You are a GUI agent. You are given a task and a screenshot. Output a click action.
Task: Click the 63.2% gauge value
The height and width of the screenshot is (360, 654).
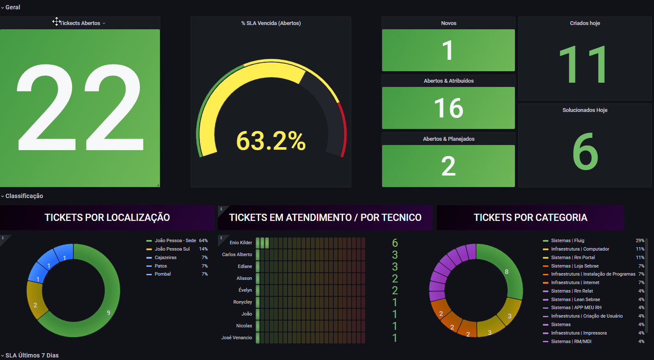[x=271, y=141]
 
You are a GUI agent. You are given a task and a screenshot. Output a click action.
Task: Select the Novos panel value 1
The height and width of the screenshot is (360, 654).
[x=448, y=50]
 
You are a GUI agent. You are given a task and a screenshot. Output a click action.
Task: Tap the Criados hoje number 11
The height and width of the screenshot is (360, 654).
[x=584, y=64]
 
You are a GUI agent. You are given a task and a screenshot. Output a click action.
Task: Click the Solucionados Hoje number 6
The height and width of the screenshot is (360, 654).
[x=585, y=151]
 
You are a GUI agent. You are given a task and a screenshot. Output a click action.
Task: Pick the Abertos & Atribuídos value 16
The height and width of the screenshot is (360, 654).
[x=448, y=108]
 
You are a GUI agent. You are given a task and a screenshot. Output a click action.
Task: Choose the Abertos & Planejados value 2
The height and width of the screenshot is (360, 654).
[x=448, y=166]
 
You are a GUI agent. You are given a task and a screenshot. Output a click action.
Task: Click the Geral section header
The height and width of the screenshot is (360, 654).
[x=13, y=7]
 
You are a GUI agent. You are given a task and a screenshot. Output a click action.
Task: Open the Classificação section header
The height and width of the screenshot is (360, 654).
[x=24, y=196]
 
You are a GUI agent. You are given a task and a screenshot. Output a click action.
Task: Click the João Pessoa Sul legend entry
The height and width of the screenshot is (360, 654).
[x=172, y=249]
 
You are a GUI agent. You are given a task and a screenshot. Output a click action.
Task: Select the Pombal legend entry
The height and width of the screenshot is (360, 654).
[x=162, y=274]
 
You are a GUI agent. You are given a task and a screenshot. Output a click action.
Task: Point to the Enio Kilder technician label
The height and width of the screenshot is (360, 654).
[x=240, y=243]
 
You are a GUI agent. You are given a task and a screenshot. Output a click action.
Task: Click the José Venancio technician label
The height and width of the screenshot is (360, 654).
[x=237, y=338]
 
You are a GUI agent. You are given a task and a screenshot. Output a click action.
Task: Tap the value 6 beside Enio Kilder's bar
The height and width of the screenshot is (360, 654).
[x=395, y=243]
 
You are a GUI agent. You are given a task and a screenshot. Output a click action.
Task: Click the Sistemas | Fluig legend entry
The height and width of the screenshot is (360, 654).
[x=567, y=240]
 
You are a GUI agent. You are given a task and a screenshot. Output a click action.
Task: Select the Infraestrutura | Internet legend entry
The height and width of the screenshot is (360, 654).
[x=575, y=282]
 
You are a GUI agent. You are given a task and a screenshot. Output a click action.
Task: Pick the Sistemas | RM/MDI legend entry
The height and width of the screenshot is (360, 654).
[x=571, y=341]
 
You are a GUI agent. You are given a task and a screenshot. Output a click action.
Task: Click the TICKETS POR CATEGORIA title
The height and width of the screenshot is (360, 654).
[x=530, y=218]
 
